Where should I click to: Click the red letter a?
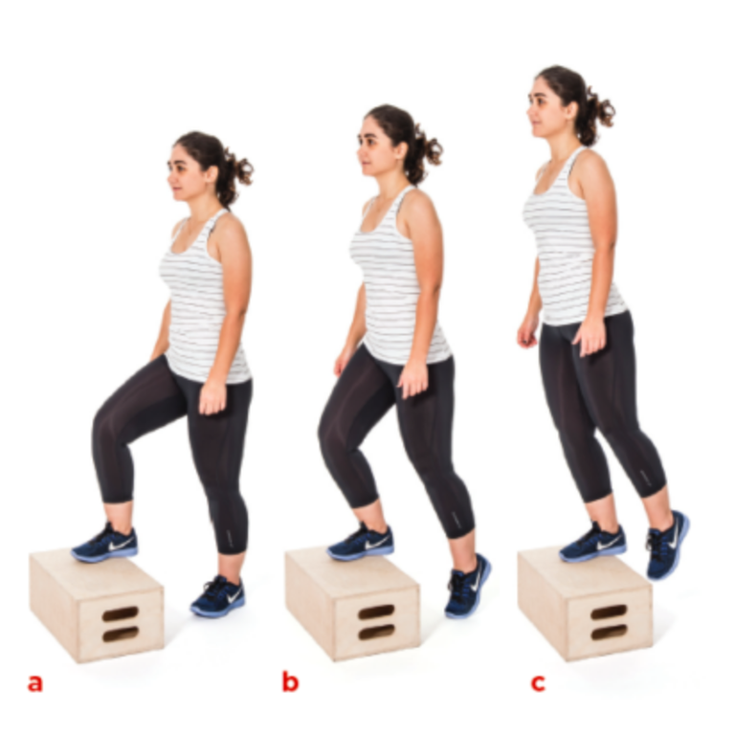[35, 682]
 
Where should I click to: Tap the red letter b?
[290, 682]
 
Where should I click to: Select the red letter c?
[538, 682]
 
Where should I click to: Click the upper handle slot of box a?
[121, 613]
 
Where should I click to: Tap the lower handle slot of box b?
[375, 631]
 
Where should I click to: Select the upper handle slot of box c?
[609, 612]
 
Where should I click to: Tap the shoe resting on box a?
[105, 543]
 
